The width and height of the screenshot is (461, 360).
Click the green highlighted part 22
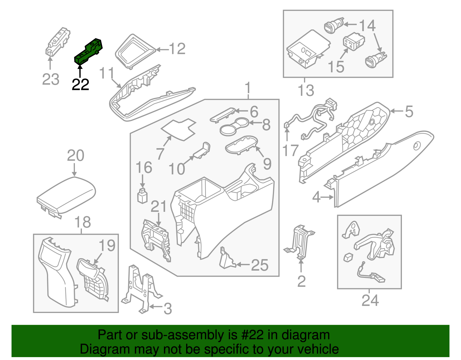[x=88, y=52]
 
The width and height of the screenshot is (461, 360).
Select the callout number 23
[x=51, y=79]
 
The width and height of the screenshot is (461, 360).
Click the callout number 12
[x=177, y=49]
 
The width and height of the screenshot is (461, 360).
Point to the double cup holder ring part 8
[x=234, y=127]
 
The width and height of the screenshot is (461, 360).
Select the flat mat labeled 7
[x=179, y=129]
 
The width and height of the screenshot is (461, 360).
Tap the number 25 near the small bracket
[x=260, y=265]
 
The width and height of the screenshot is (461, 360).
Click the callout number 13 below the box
[x=306, y=91]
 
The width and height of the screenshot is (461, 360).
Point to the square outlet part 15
[x=353, y=42]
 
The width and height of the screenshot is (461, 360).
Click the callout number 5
[x=409, y=112]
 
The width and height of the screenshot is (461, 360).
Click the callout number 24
[x=370, y=301]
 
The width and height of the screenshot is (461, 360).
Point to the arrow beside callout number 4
[x=327, y=197]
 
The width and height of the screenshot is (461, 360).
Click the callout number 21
[x=158, y=207]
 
